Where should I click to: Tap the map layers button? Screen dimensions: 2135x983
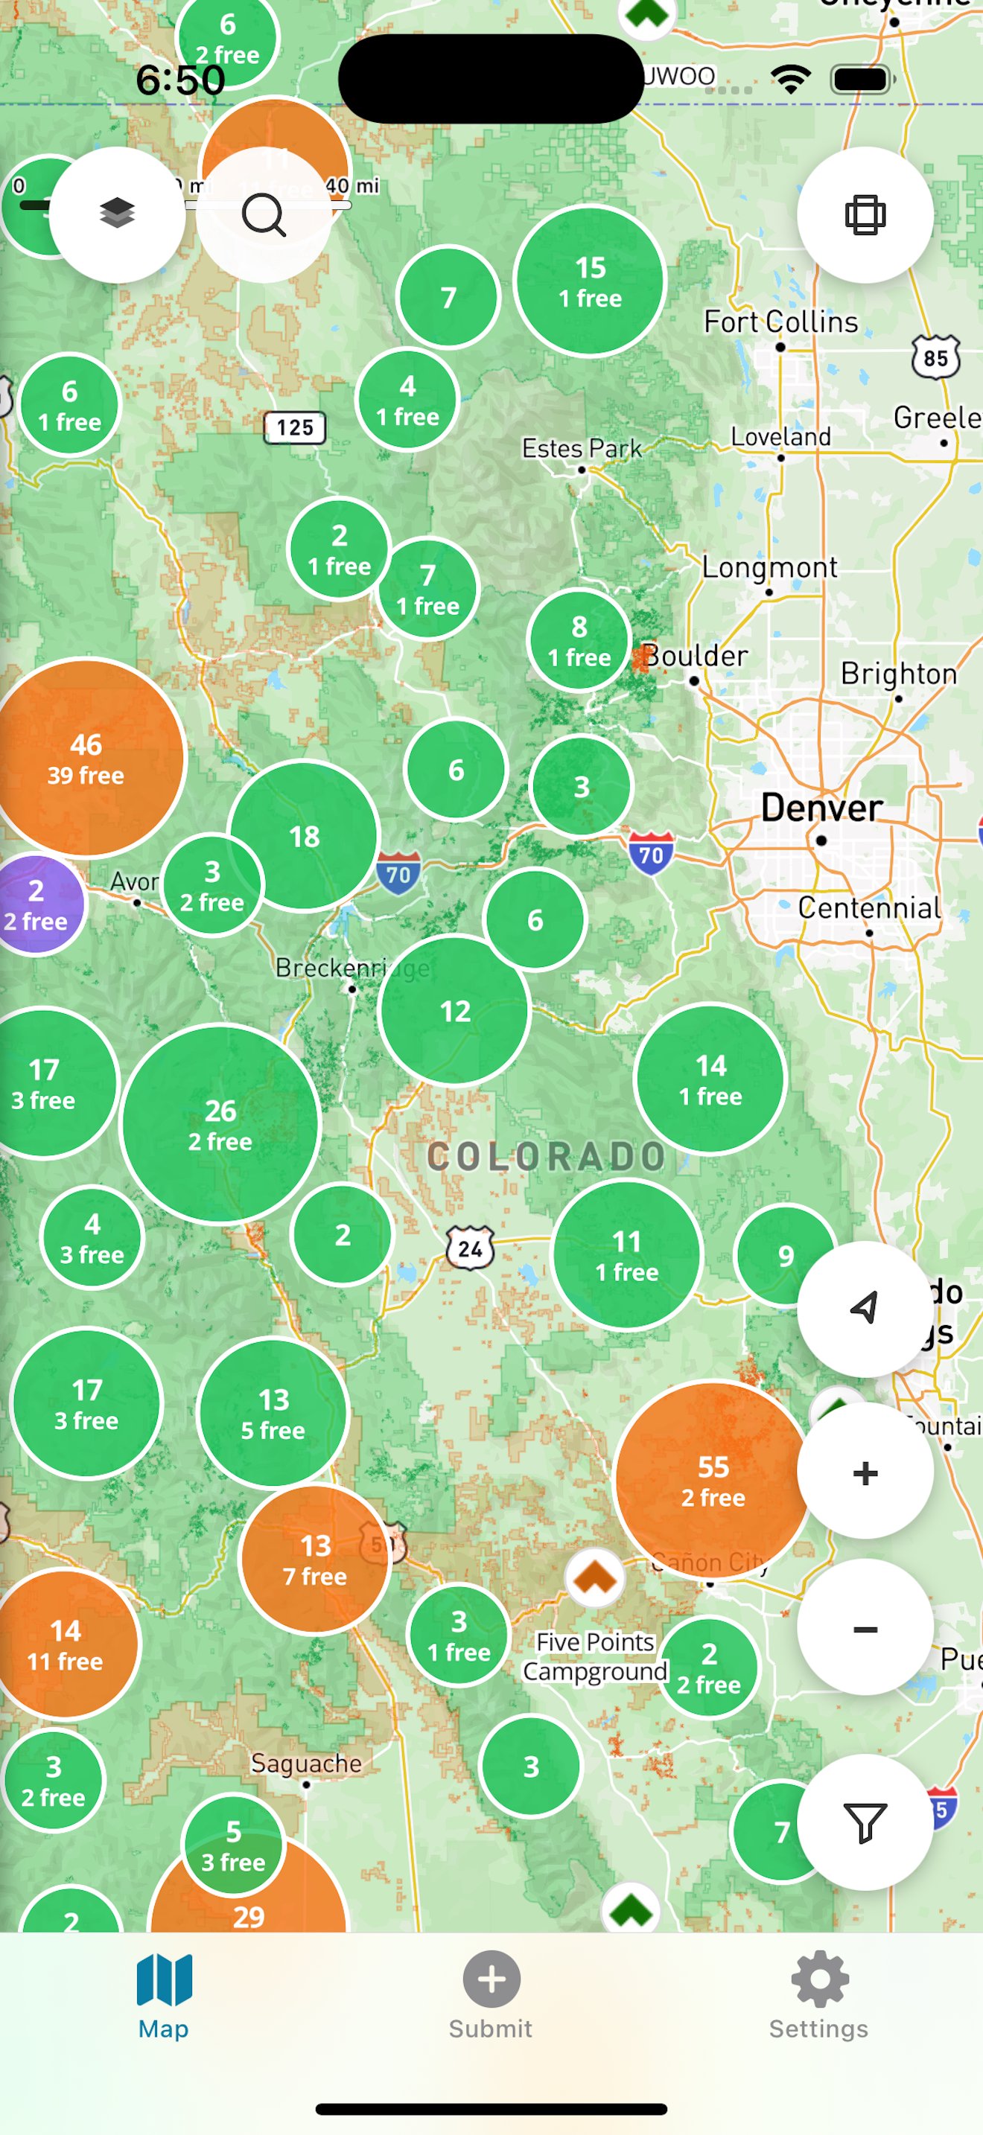tap(117, 214)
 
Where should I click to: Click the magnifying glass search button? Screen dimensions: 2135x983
tap(264, 214)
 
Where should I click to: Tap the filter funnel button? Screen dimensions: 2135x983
tap(865, 1822)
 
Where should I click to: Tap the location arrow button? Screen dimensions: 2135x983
tap(865, 1309)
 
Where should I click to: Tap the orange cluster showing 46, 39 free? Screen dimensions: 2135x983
tap(86, 759)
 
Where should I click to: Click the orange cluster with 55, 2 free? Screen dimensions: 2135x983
tap(712, 1480)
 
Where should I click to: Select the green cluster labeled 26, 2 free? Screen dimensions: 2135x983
tap(220, 1124)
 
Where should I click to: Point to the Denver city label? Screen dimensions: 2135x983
tap(821, 807)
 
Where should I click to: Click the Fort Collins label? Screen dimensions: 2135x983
tap(780, 322)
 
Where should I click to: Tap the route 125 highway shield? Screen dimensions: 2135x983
tap(294, 427)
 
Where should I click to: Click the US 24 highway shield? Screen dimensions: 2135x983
tap(470, 1248)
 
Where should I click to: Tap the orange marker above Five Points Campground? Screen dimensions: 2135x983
tap(594, 1577)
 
